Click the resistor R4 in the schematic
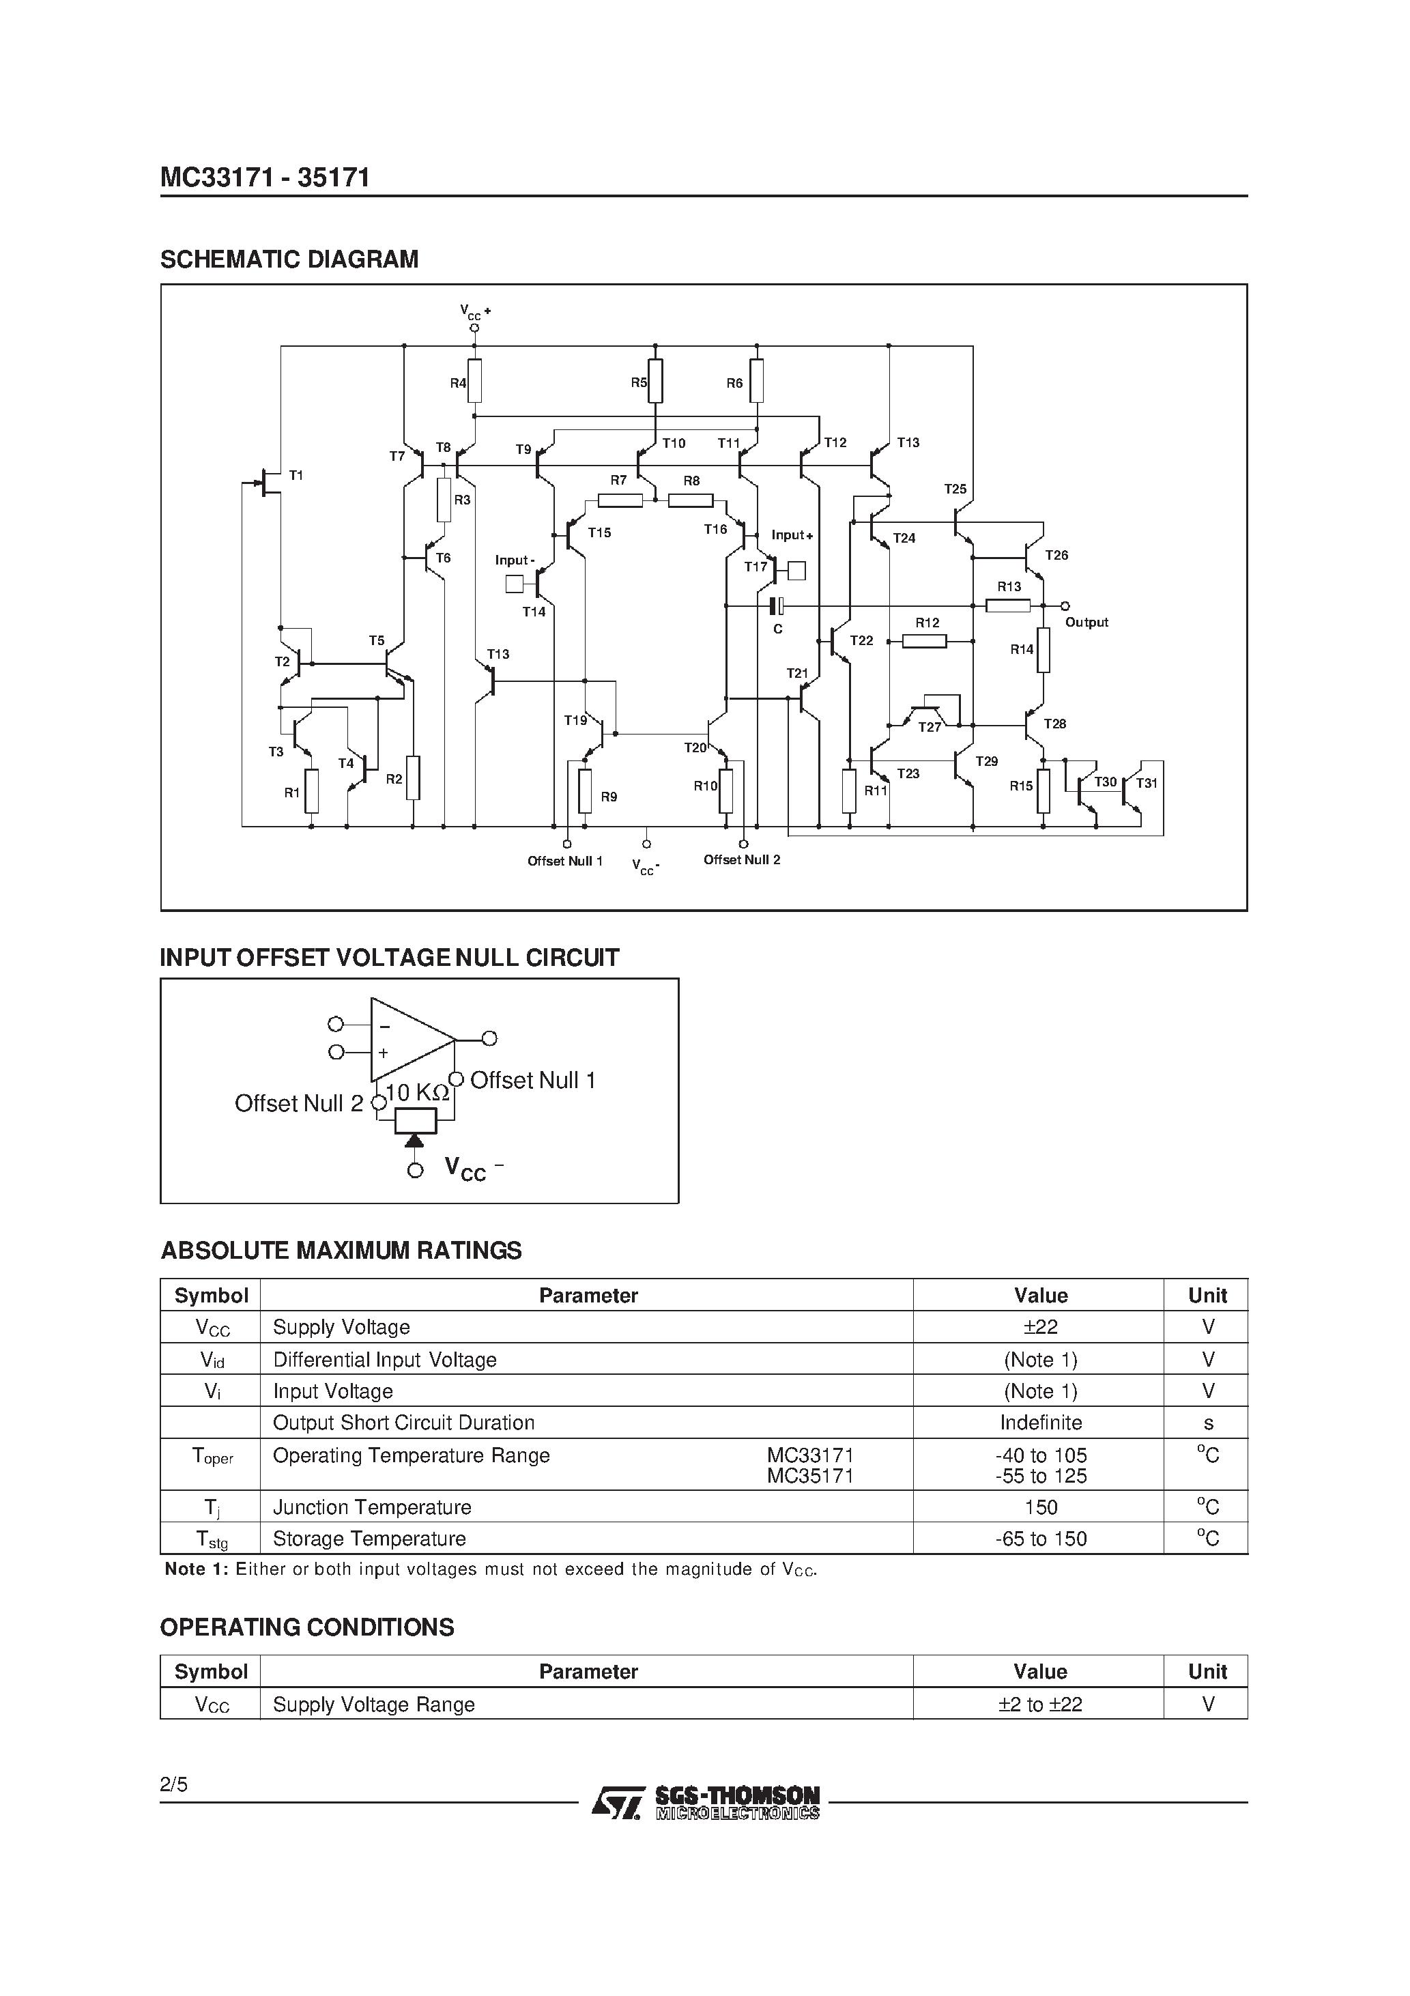tap(474, 381)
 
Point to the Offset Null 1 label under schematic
tap(565, 861)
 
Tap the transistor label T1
tap(296, 474)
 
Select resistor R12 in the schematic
tap(924, 641)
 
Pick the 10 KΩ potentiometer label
tap(417, 1093)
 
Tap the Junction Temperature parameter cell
tap(372, 1507)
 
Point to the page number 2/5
tap(174, 1785)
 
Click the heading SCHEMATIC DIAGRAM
tap(289, 259)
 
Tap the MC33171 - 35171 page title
tap(265, 178)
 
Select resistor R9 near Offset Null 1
tap(585, 791)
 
